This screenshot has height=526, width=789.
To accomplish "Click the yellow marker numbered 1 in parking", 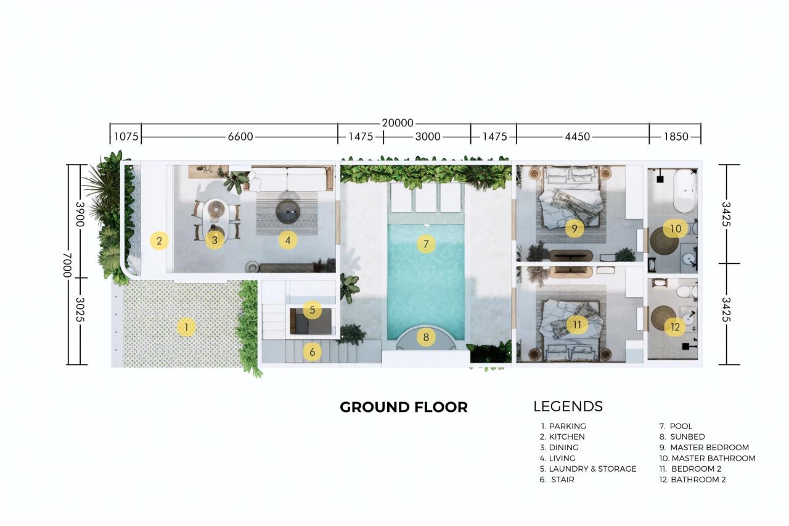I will (x=186, y=327).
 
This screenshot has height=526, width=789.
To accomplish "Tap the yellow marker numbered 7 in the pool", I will (x=425, y=244).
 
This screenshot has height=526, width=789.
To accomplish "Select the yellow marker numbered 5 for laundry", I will (x=313, y=310).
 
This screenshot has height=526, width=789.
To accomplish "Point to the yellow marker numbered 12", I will (x=675, y=327).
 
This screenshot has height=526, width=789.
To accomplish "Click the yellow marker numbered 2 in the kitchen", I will (x=159, y=240).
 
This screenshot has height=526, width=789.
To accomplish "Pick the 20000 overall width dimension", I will (x=398, y=123).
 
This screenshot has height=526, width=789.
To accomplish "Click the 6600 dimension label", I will (x=240, y=137).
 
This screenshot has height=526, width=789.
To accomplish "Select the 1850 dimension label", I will (x=676, y=137).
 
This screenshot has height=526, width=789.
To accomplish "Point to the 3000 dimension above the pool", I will (x=427, y=137).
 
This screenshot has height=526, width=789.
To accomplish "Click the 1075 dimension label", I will (x=125, y=137).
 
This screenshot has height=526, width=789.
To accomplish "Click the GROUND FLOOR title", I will (x=404, y=407).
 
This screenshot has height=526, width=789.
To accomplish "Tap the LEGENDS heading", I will (x=568, y=406).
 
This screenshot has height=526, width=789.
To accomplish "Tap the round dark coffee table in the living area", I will (x=288, y=212).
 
